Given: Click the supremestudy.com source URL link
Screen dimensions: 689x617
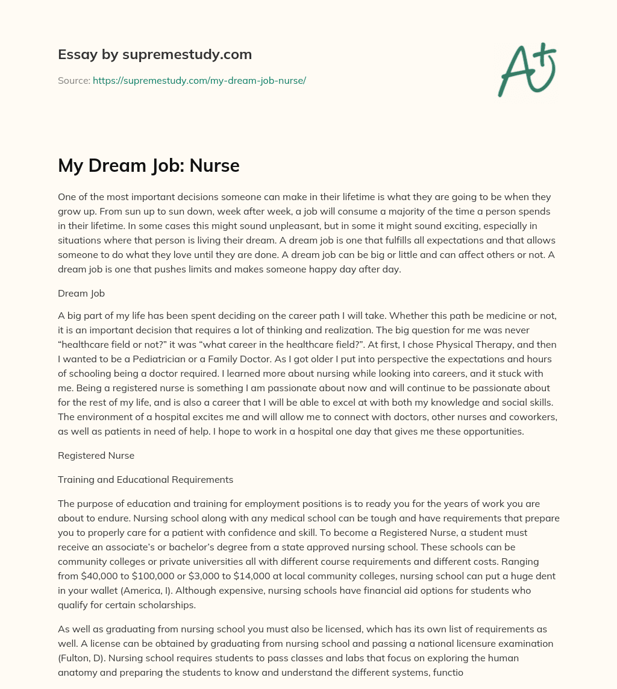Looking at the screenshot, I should [199, 80].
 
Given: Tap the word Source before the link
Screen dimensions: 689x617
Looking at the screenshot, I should [74, 80].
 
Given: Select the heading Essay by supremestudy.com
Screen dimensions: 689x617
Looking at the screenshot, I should [155, 55].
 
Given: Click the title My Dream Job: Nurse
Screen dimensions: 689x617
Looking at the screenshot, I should [149, 166].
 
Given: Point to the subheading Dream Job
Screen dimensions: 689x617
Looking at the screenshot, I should [81, 294].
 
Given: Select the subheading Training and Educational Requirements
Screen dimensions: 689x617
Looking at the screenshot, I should [145, 480].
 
